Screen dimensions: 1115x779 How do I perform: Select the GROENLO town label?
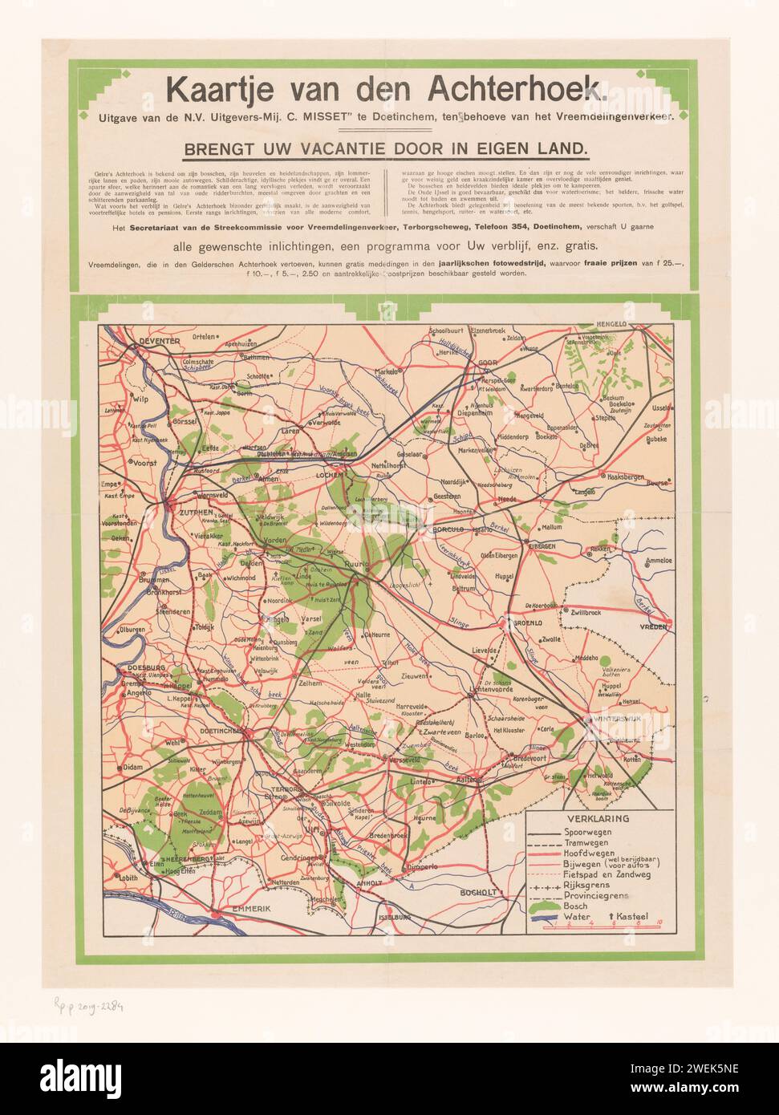click(x=520, y=622)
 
